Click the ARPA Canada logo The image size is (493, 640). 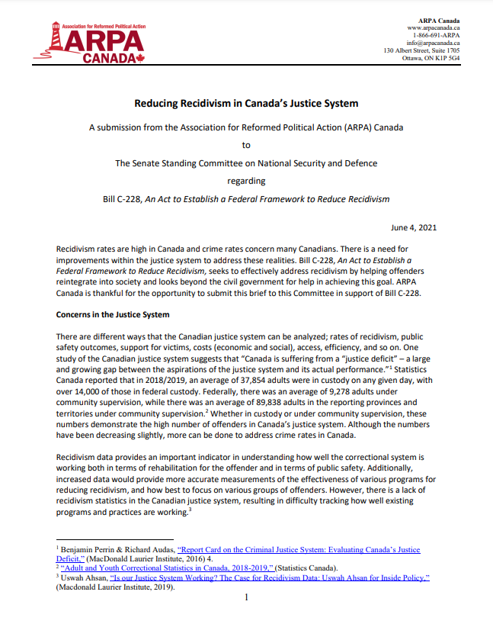pyautogui.click(x=89, y=43)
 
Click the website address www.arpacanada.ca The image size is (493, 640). pyautogui.click(x=434, y=26)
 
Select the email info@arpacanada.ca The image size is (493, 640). pyautogui.click(x=434, y=43)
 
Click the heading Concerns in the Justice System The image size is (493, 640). pyautogui.click(x=113, y=314)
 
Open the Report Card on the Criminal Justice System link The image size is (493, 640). pyautogui.click(x=297, y=549)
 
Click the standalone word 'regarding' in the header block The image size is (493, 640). pyautogui.click(x=246, y=181)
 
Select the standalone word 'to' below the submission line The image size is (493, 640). pyautogui.click(x=246, y=144)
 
